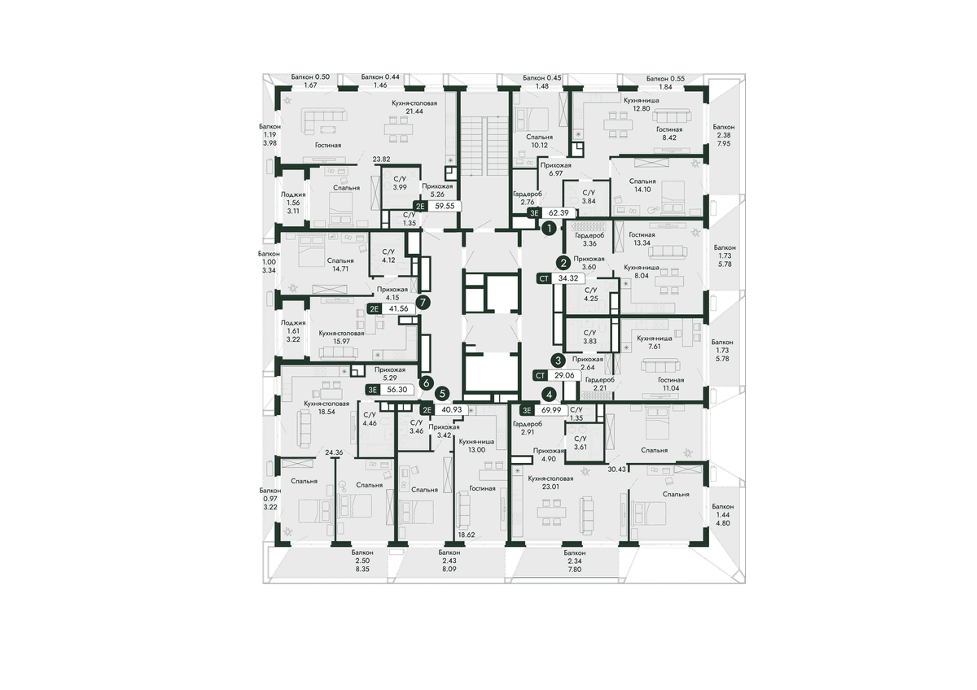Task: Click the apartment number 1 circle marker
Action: [x=549, y=228]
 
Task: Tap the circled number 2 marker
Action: [x=563, y=263]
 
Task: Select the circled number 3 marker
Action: [x=558, y=360]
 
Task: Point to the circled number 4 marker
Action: [x=549, y=395]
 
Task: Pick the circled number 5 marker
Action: [x=443, y=394]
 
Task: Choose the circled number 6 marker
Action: [x=426, y=383]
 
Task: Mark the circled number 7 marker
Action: [x=423, y=303]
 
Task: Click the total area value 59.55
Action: [x=445, y=206]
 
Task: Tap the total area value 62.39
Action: [x=559, y=213]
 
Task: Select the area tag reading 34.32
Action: [x=568, y=278]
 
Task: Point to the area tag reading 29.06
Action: [x=564, y=375]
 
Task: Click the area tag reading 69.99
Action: [x=551, y=410]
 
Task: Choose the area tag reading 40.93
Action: [x=451, y=410]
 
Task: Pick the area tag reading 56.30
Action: [x=397, y=390]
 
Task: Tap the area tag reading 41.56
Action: [x=398, y=309]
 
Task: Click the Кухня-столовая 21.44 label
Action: [x=408, y=107]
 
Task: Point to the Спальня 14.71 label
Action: [x=340, y=264]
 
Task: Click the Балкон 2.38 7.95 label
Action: [x=724, y=135]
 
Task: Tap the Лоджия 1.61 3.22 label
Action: [x=293, y=331]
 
